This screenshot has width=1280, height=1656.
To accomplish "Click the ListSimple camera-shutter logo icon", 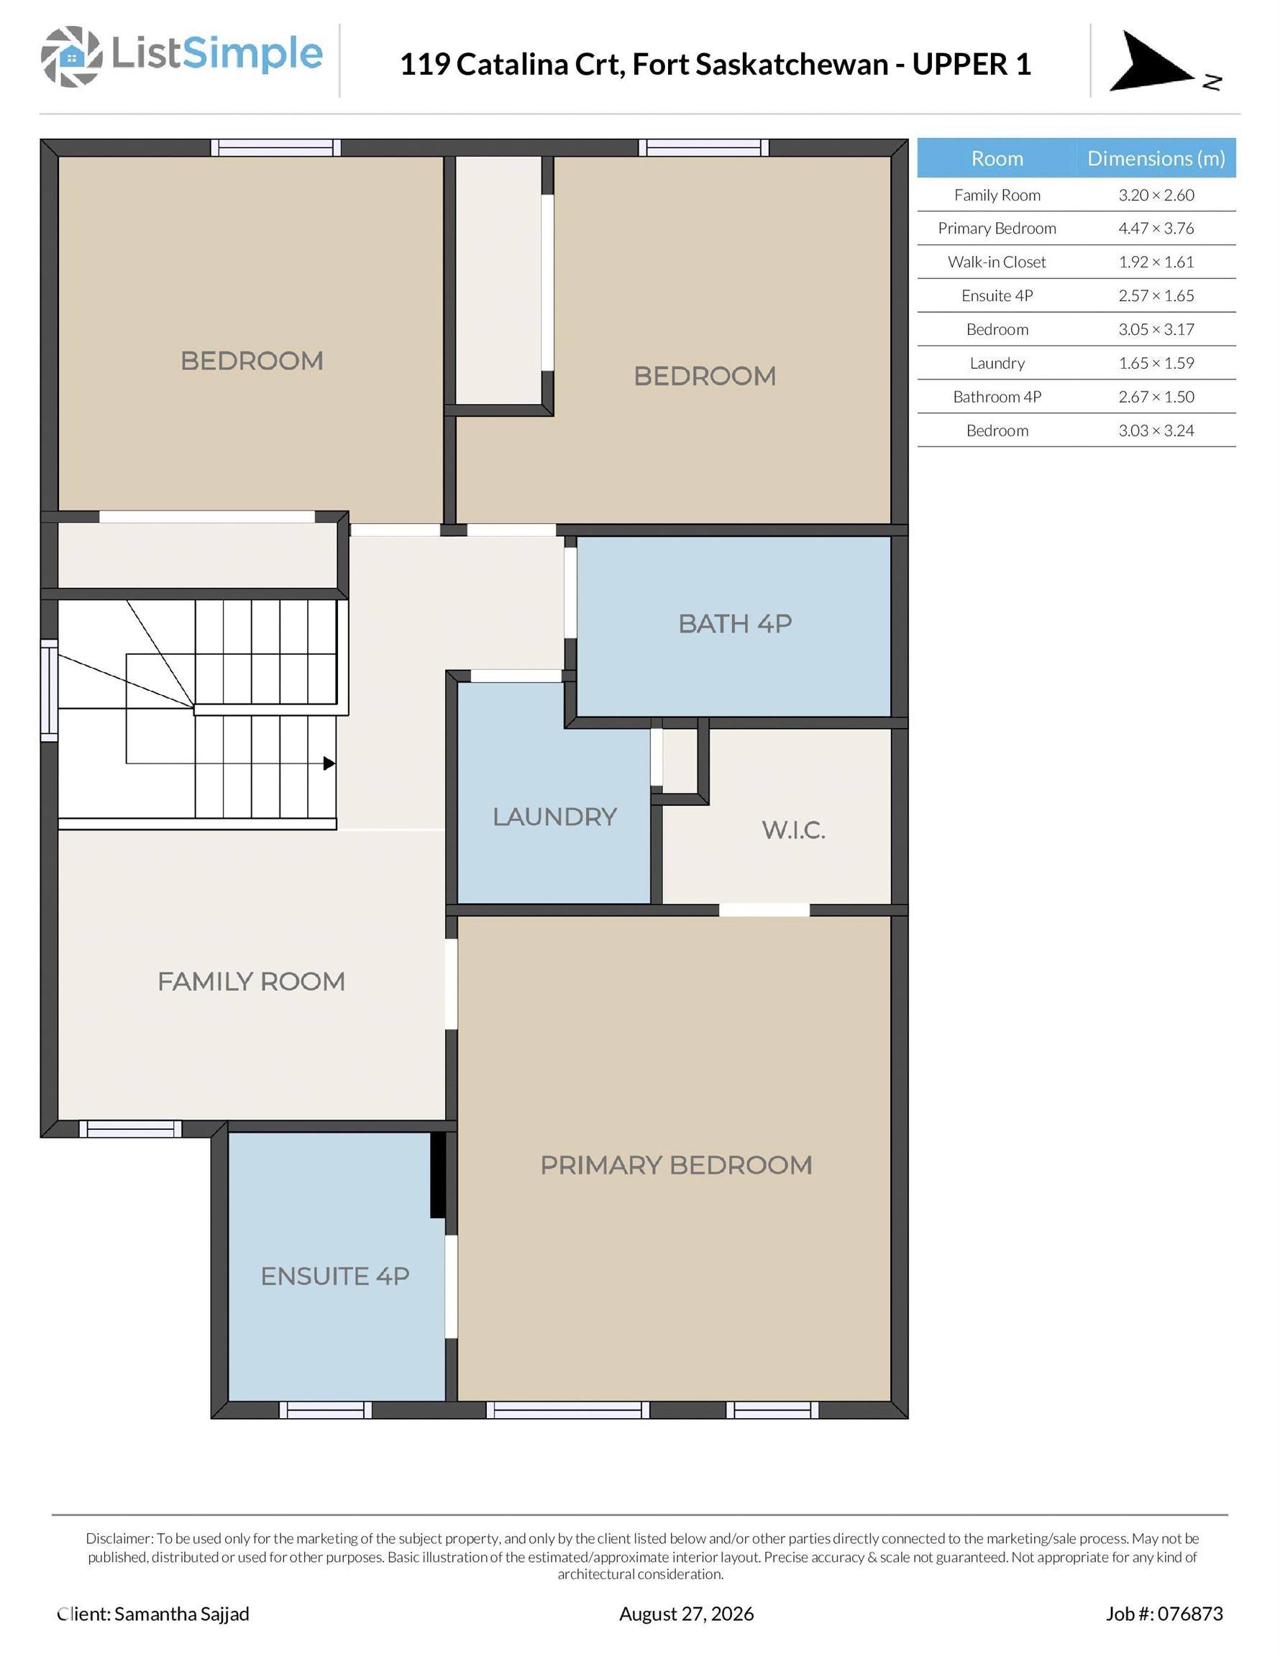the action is click(x=71, y=56).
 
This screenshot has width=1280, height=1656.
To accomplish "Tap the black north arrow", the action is click(x=1151, y=63).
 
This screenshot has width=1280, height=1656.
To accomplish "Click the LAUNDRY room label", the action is click(x=554, y=816).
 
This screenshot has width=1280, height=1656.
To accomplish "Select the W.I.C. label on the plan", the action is click(x=794, y=830).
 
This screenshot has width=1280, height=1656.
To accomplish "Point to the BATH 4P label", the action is click(x=735, y=623).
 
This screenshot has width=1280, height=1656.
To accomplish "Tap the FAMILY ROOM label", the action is click(x=251, y=981).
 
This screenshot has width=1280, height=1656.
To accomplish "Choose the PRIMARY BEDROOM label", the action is click(x=676, y=1164).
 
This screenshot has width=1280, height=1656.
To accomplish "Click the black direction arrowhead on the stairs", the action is click(x=329, y=763).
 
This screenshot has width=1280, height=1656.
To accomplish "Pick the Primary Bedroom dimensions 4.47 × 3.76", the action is click(x=1156, y=229).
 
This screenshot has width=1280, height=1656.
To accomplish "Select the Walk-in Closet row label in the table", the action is click(x=997, y=262).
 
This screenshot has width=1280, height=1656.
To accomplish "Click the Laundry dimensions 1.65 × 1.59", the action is click(x=1156, y=363).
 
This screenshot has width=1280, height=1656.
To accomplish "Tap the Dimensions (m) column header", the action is click(x=1156, y=157).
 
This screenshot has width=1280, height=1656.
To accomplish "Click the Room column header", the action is click(x=997, y=157).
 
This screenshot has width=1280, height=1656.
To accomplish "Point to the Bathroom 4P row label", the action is click(x=997, y=397).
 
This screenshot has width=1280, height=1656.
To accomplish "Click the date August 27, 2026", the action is click(x=687, y=1614).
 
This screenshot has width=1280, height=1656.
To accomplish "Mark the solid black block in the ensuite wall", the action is click(x=438, y=1174).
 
